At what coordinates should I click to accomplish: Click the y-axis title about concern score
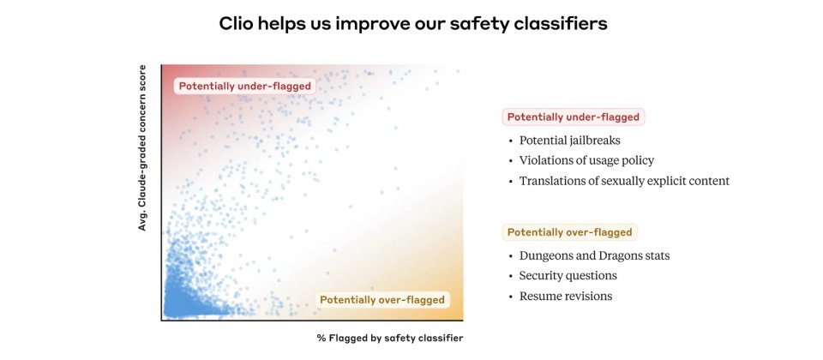142,148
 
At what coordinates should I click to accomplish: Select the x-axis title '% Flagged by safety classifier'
390,338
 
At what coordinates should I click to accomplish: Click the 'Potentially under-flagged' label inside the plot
245,86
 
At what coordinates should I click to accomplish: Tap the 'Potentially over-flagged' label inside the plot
382,300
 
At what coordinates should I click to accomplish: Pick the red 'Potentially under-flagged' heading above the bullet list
574,117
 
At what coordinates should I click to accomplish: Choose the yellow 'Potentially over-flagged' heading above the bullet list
569,232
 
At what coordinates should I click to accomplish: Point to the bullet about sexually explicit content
625,181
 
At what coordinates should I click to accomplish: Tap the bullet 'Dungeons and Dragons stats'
595,256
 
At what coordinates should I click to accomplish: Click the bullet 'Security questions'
568,276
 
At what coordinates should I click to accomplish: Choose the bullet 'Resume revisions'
566,297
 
